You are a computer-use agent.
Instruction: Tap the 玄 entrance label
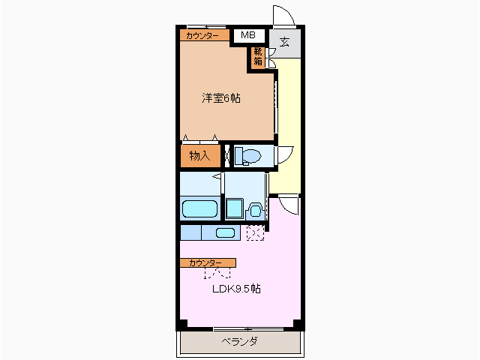pos(285,42)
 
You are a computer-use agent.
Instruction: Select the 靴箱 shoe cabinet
pos(258,57)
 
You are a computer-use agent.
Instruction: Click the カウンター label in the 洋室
pos(203,35)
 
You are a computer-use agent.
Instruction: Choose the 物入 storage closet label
pos(199,156)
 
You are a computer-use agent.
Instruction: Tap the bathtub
pos(199,208)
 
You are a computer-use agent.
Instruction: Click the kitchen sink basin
pos(225,232)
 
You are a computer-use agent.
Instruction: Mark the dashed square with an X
pos(256,233)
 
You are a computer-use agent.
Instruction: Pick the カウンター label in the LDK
pos(207,262)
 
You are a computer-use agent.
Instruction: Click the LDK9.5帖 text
pos(235,289)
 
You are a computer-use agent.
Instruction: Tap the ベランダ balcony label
pos(240,342)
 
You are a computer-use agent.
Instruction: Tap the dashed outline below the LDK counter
pos(217,272)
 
